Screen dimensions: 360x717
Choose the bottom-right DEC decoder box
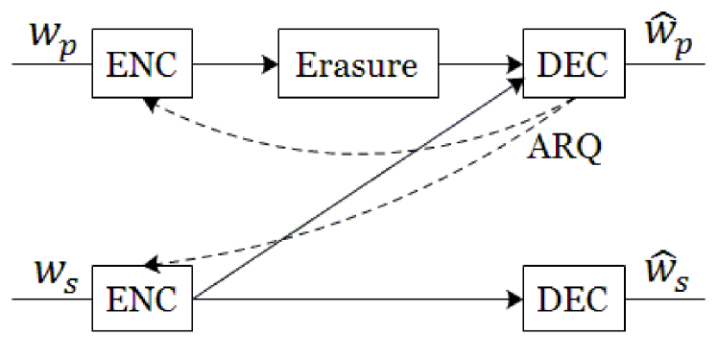[574, 299]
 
